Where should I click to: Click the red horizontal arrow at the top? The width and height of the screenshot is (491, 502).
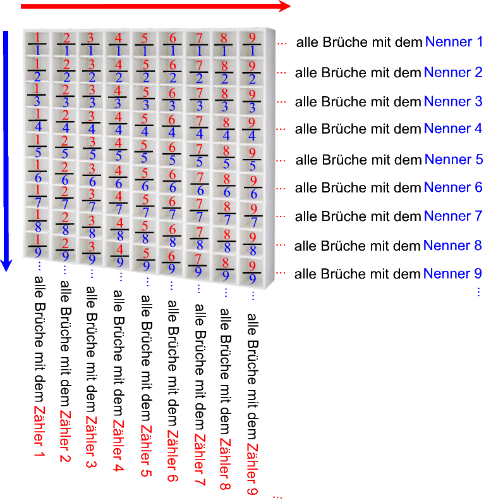coord(155,6)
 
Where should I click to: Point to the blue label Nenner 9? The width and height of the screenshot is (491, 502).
coord(452,273)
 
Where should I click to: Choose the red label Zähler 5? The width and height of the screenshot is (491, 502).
coord(145,451)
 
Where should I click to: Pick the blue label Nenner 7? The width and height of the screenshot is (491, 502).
coord(452,216)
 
